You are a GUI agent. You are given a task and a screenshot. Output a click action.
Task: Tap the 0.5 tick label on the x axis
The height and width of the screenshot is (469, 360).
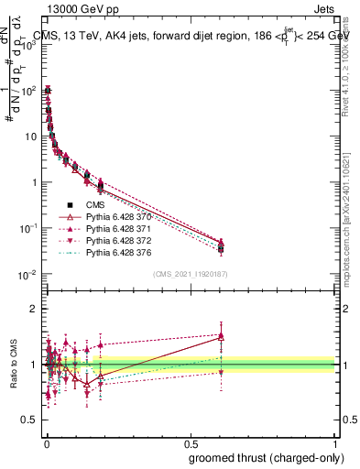tap(191, 443)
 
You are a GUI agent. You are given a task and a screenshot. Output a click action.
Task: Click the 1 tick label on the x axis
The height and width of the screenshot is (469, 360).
tap(335, 443)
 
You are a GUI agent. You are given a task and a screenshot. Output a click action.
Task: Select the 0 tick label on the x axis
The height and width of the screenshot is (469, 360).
tap(46, 443)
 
